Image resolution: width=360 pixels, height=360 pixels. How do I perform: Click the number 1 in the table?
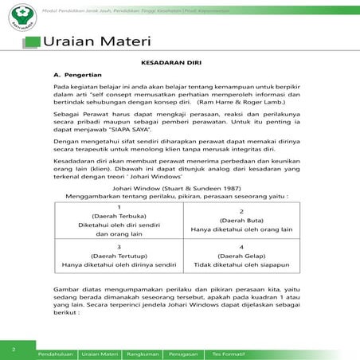click(x=117, y=207)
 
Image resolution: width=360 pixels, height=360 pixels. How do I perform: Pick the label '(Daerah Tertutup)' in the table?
click(x=117, y=256)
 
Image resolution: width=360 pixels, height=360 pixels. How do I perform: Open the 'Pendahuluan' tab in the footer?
click(x=57, y=351)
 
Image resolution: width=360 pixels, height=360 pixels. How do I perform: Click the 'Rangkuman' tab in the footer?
click(x=143, y=351)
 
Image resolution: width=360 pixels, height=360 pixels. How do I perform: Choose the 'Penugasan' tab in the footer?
click(x=186, y=351)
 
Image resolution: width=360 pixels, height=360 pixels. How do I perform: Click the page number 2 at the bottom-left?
click(x=14, y=349)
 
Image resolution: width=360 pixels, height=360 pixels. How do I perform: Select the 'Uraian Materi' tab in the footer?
click(x=100, y=351)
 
